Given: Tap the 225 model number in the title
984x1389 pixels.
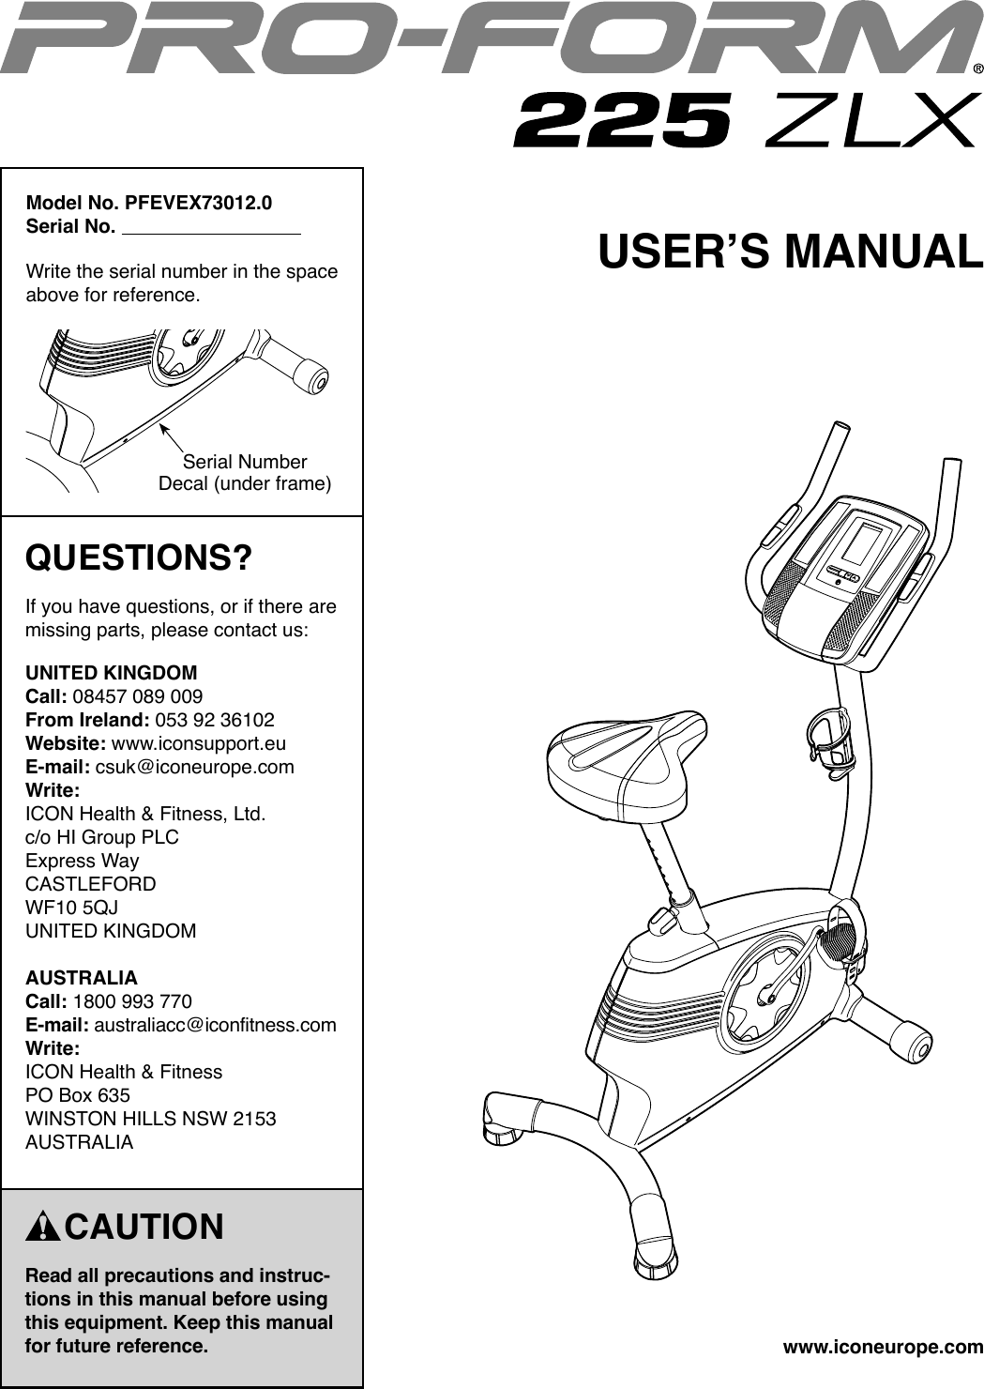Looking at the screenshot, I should tap(622, 120).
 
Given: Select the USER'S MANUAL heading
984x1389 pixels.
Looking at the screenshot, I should tap(791, 252).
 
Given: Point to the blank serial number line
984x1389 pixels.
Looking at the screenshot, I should tap(211, 228).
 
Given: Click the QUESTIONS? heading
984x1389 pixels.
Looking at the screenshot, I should tap(139, 558).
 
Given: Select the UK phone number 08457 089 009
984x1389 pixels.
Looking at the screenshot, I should tap(137, 696).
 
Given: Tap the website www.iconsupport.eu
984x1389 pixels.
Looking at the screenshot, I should tap(199, 743).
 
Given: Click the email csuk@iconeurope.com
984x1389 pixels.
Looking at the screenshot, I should tap(195, 767).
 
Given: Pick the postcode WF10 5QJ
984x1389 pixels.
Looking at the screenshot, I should tap(71, 908).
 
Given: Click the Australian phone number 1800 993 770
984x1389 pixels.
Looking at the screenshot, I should tap(132, 1001).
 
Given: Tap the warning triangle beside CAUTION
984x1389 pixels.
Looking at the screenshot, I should tap(43, 1228).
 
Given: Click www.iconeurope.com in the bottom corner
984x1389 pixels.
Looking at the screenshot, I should tap(883, 1348).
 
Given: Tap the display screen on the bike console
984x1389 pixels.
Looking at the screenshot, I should tap(863, 542).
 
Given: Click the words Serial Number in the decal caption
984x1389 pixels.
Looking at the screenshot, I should tap(245, 462).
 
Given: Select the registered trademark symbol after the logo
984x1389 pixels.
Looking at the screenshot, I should tap(977, 69).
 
